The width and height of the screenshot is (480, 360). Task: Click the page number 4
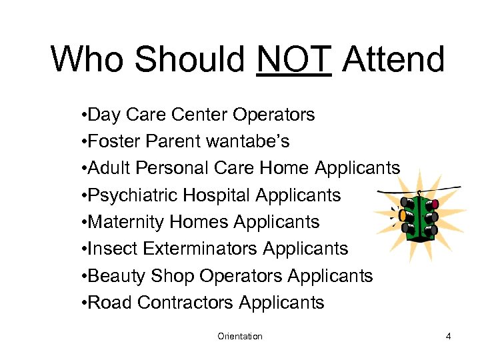[x=449, y=337]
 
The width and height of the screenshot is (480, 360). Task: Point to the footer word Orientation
[x=240, y=337]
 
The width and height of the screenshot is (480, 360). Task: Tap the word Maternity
[x=127, y=222]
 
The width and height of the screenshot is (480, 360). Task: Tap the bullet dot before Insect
[x=81, y=249]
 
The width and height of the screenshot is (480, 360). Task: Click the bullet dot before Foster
[x=81, y=142]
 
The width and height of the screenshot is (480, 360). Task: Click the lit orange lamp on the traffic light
[x=402, y=216]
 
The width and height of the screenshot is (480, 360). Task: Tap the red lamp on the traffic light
[x=434, y=203]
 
